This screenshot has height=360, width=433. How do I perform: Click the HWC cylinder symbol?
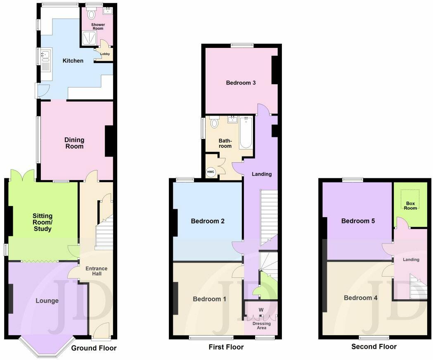211,172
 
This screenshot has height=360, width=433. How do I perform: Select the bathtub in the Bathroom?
245,133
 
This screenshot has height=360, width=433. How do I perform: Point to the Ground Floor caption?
94,348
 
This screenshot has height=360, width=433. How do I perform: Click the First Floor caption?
226,347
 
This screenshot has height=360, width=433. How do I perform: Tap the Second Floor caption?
374,346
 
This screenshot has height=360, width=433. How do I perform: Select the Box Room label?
410,206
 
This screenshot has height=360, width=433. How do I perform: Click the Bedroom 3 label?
241,83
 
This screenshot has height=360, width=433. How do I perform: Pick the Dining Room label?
74,143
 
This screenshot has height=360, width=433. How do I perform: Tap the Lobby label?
105,54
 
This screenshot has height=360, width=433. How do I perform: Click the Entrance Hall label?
96,271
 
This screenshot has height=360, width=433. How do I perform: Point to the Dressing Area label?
261,326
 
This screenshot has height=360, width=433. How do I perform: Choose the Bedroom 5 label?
358,221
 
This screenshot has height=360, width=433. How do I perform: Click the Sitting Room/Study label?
43,222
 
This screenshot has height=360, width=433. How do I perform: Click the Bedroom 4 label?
360,298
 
